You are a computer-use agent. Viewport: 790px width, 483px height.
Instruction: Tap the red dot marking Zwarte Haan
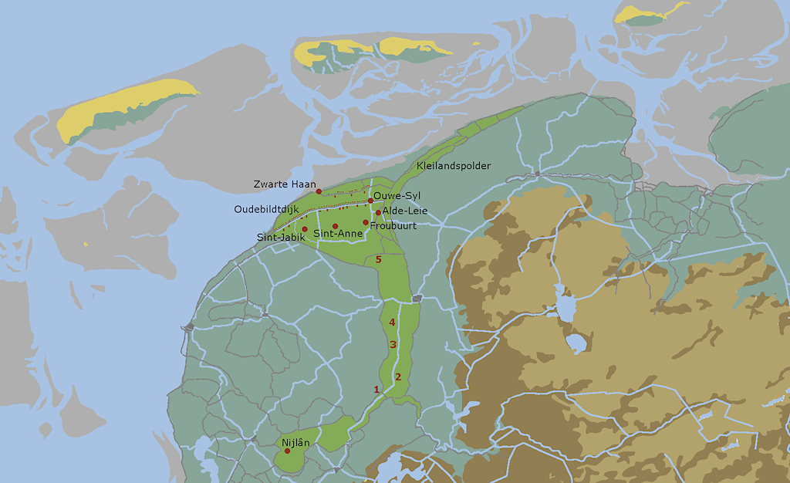[x=319, y=191]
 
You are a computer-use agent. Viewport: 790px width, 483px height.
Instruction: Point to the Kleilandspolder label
[x=454, y=166]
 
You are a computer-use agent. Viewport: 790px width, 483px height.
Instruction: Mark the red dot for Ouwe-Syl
[x=371, y=201]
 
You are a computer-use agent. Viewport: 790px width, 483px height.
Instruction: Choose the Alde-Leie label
[x=405, y=211]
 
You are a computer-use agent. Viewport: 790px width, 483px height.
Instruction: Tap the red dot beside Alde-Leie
[x=378, y=213]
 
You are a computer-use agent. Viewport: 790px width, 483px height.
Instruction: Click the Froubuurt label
[x=393, y=226]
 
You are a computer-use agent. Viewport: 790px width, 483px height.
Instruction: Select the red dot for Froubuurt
[x=366, y=222]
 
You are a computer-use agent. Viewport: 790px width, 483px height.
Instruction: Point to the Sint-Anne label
[x=337, y=234]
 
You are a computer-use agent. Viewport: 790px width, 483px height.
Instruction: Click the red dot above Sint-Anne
[x=335, y=226]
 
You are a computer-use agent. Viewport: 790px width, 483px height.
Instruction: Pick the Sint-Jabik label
[x=281, y=238]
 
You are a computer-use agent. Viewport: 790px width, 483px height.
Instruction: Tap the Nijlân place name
[x=295, y=442]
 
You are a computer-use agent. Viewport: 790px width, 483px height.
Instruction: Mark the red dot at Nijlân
[x=288, y=451]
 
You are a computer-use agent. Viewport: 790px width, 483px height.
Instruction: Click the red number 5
[x=378, y=259]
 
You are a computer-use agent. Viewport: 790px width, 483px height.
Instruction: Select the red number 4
[x=393, y=322]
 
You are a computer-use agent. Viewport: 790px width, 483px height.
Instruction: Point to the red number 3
[x=393, y=344]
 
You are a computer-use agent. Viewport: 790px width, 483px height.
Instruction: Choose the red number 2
[x=398, y=377]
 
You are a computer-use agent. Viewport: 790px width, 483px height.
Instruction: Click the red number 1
[x=376, y=390]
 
